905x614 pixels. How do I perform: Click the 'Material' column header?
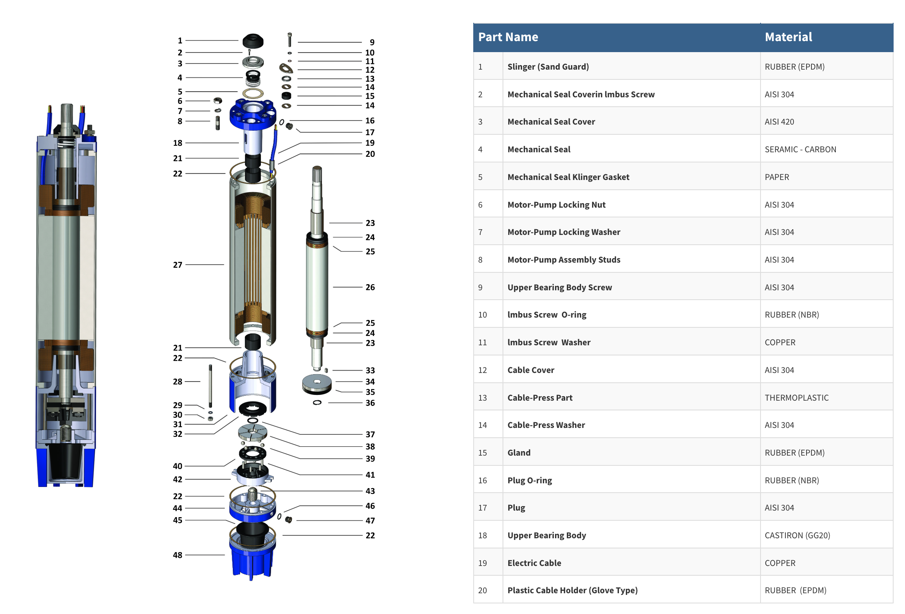788,37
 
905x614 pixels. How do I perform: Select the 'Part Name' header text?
508,37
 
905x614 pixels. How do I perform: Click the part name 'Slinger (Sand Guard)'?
548,67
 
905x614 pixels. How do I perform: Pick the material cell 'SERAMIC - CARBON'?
800,149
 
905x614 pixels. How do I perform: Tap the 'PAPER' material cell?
777,177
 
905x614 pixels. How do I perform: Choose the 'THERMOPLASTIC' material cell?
796,398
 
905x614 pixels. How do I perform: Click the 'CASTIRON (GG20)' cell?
797,535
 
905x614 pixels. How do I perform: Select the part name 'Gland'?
519,453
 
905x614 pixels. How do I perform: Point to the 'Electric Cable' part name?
534,563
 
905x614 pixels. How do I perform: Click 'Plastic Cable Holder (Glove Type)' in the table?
573,590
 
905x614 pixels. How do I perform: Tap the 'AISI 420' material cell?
779,122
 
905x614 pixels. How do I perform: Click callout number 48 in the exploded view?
177,555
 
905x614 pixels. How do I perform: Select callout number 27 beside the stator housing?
177,265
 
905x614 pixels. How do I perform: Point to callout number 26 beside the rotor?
370,287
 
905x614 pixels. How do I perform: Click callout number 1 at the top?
180,41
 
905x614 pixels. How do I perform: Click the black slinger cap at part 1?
253,41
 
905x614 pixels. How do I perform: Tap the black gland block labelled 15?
286,96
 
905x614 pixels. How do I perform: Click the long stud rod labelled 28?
210,386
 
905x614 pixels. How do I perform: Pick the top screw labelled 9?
290,40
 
